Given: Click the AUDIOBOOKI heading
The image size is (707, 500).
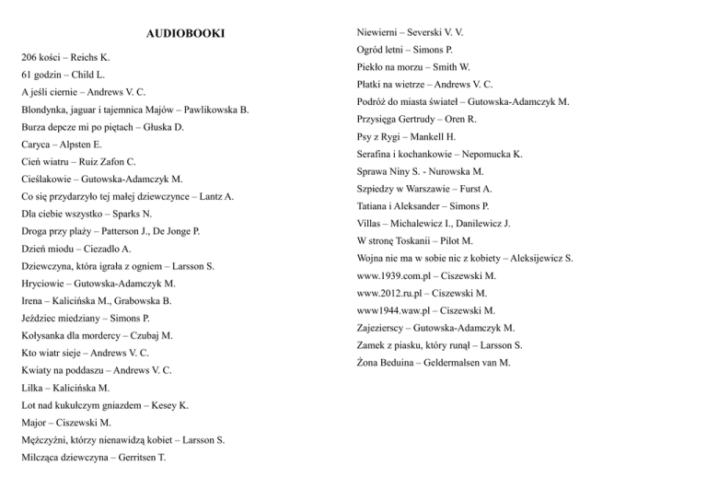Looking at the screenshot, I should pos(185,35).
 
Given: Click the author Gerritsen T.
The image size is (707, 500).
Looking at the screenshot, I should pos(135,458).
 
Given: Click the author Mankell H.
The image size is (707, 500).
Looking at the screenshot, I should pos(450,136).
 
